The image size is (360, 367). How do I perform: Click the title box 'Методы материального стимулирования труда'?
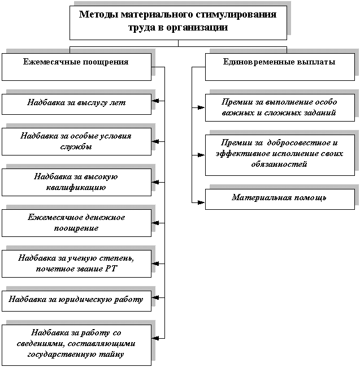click(178, 23)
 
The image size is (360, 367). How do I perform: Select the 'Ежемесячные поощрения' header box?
click(76, 67)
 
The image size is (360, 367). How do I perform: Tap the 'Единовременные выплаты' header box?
click(280, 67)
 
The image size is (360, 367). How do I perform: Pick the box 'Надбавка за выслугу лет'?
click(76, 105)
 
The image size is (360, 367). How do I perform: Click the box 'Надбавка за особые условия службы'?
click(76, 141)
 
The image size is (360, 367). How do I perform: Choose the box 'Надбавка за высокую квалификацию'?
click(76, 182)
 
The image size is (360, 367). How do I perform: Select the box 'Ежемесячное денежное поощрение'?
click(76, 223)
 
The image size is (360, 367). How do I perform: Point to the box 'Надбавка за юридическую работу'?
click(76, 301)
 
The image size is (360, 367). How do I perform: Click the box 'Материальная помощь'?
click(280, 199)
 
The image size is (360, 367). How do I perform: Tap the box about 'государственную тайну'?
click(76, 346)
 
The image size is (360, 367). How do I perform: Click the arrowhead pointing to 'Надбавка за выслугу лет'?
click(155, 101)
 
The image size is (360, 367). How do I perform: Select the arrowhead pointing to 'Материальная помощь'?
click(201, 202)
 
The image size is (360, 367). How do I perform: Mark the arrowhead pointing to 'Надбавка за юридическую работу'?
click(155, 297)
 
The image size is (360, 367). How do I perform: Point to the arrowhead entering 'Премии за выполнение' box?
click(201, 107)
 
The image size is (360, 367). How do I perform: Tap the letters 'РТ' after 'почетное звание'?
click(111, 269)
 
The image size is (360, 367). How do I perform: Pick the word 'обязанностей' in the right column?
click(279, 164)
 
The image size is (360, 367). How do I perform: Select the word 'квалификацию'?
click(76, 188)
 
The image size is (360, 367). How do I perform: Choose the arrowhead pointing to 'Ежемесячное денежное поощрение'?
click(155, 223)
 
